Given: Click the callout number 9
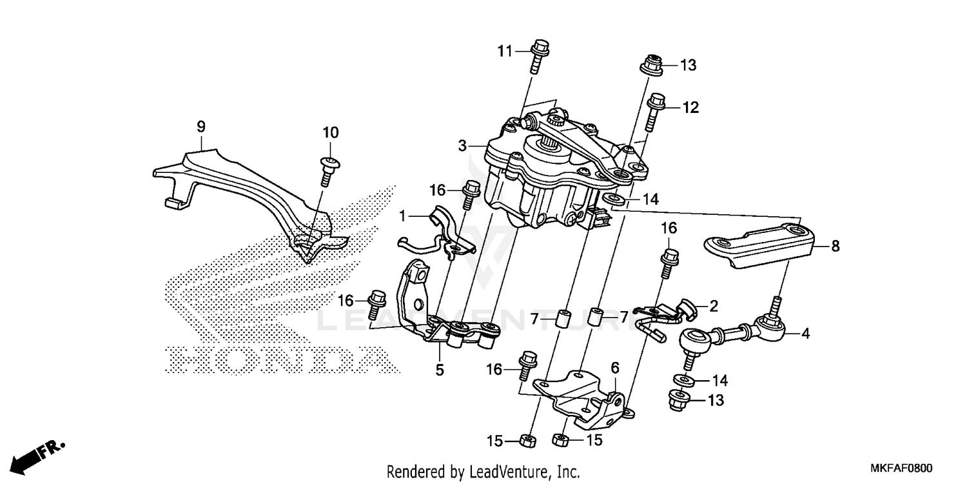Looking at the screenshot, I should coord(200,127).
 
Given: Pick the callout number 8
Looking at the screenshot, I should coord(835,246).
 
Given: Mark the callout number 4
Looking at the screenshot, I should coord(805,334).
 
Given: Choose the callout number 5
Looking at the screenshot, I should coord(439,370).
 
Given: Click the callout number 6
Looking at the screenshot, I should coord(615,367).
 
